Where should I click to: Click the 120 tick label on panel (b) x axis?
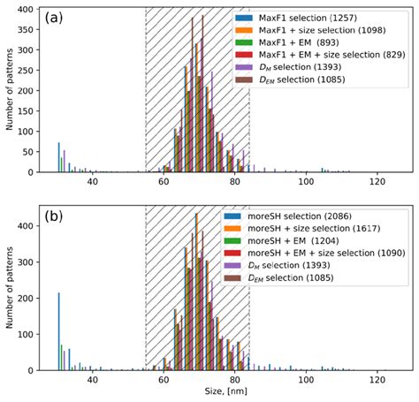pos(377,379)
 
